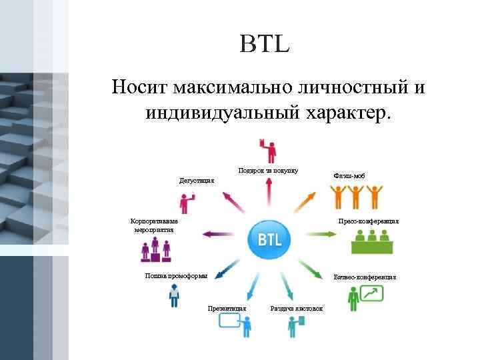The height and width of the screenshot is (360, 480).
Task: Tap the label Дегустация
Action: pyautogui.click(x=197, y=180)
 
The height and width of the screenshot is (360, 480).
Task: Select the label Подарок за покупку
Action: pyautogui.click(x=268, y=171)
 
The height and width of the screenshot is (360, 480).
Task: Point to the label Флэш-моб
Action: pyautogui.click(x=349, y=176)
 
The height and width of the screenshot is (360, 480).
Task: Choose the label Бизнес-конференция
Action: pyautogui.click(x=365, y=276)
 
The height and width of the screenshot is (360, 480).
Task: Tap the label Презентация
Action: pyautogui.click(x=227, y=308)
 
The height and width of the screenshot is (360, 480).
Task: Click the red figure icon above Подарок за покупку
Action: pyautogui.click(x=268, y=150)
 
